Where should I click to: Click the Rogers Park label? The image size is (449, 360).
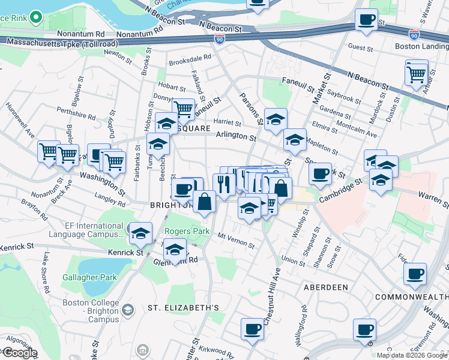(184, 231)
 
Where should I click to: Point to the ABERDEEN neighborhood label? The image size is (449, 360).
(325, 287)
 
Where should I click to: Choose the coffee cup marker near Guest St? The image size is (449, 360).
(366, 21)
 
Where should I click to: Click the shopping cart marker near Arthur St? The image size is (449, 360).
(417, 74)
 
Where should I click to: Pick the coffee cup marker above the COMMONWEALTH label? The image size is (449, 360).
(415, 275)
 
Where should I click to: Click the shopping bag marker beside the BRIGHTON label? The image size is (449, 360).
(204, 202)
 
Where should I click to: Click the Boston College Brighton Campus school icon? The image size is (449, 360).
(127, 309)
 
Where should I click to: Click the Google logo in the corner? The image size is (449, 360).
(20, 353)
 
